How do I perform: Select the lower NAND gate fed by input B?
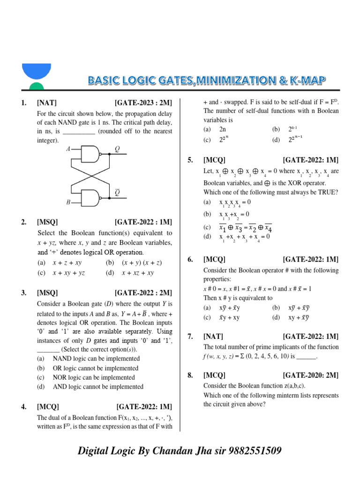[x=91, y=197]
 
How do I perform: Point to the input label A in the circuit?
[x=68, y=149]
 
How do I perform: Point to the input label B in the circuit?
[x=68, y=202]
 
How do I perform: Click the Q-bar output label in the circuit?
[x=117, y=192]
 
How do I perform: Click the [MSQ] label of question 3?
[x=47, y=293]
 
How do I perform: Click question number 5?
[x=190, y=160]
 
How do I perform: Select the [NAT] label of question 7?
[x=213, y=336]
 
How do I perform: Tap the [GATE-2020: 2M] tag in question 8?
[x=310, y=375]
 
